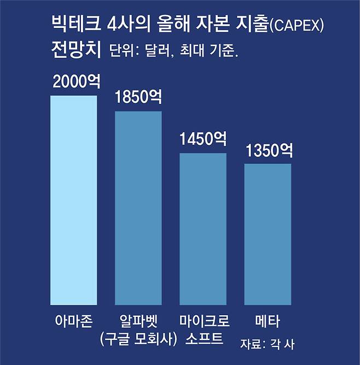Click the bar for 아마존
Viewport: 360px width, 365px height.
coord(73,200)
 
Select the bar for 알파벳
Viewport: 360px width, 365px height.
coord(138,207)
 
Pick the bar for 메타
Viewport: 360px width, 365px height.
coord(268,234)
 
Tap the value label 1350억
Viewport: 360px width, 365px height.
coord(269,150)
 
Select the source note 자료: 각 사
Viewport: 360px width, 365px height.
coord(268,344)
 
